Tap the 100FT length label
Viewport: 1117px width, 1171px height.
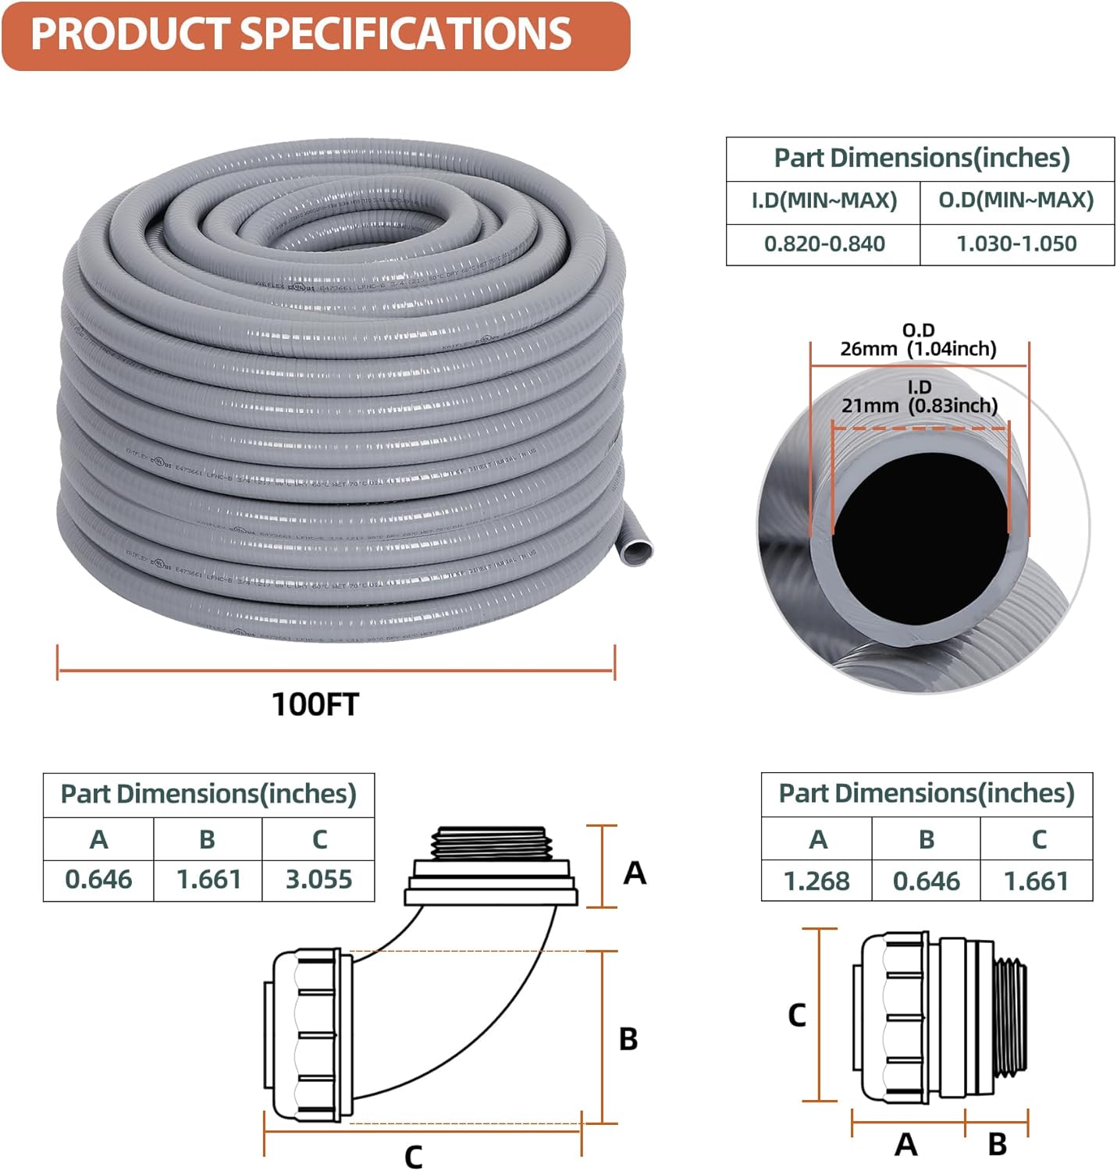pos(315,704)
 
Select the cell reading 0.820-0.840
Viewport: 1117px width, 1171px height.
pos(824,244)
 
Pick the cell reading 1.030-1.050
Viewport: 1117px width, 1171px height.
pos(1016,244)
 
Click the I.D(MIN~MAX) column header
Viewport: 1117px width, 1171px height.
pos(824,201)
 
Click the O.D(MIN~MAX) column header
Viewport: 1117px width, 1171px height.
pos(1016,201)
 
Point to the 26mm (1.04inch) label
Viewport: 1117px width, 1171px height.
pos(918,348)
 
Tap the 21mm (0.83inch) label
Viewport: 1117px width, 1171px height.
pos(920,405)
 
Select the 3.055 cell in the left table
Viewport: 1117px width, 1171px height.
pos(318,880)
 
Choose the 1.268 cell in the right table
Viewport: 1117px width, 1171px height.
pos(816,881)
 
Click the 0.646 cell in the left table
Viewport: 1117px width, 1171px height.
pos(98,880)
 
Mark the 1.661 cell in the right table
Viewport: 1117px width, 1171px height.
pos(1036,881)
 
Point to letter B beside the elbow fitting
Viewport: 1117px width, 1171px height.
pos(628,1040)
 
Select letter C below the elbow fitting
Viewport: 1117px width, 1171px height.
pos(413,1156)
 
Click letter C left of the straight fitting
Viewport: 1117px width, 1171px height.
pos(796,1016)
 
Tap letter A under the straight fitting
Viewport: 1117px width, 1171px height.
pos(905,1144)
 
